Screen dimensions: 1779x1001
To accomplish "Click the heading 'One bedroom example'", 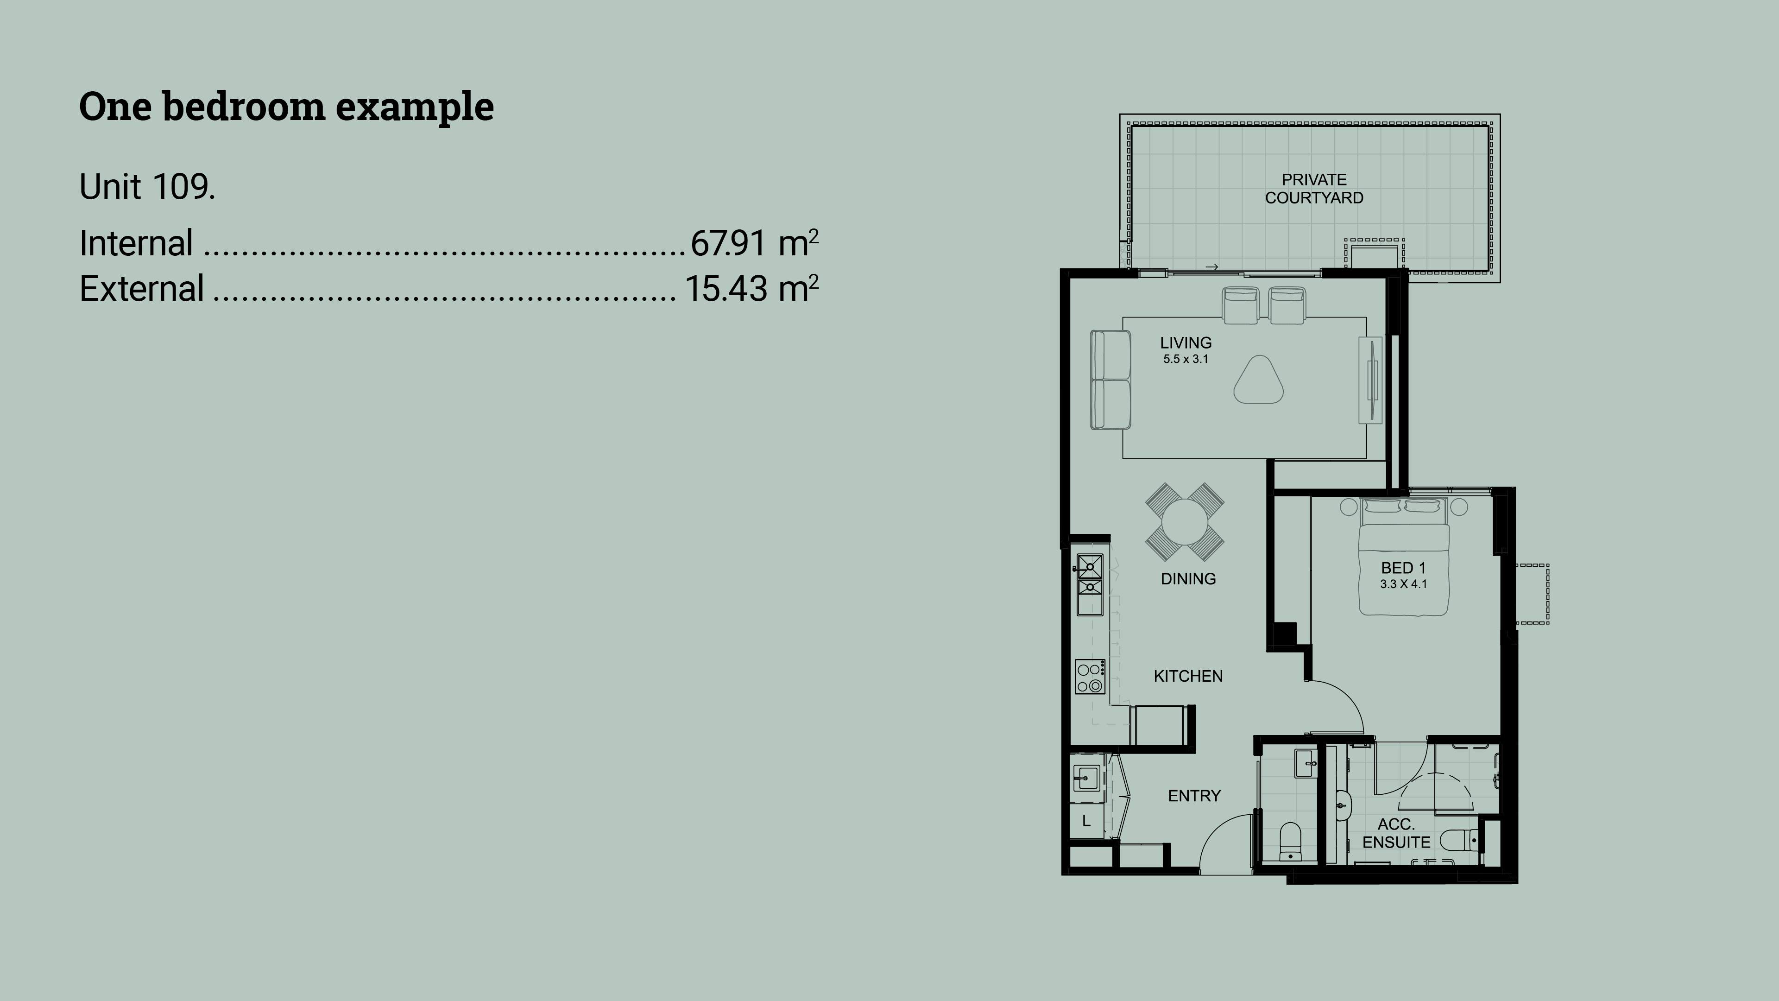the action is click(x=287, y=107).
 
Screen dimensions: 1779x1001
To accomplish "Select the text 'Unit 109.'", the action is click(x=147, y=186).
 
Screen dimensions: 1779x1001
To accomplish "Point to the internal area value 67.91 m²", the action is click(x=754, y=243).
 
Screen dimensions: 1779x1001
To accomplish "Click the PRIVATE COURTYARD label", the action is click(x=1314, y=189).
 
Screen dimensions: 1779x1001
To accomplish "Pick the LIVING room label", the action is click(x=1186, y=342).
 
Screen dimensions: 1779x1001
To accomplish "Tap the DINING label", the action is click(x=1188, y=579).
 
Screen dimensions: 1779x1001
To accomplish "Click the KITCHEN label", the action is click(x=1188, y=676).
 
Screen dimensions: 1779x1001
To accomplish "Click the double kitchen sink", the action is click(x=1090, y=584).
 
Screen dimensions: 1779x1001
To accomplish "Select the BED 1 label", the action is click(x=1403, y=568).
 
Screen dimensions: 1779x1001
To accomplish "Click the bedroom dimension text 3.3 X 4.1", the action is click(x=1403, y=584).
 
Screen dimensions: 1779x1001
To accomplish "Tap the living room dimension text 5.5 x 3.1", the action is click(x=1186, y=359).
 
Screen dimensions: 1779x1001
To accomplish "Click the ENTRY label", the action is click(x=1194, y=796).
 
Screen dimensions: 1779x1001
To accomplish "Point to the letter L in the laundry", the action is click(x=1086, y=821).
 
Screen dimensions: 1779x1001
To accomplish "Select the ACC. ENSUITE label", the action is click(x=1396, y=833).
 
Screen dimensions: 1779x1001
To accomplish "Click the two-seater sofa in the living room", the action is click(x=1110, y=380).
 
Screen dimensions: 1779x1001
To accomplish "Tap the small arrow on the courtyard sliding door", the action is click(x=1211, y=266).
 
